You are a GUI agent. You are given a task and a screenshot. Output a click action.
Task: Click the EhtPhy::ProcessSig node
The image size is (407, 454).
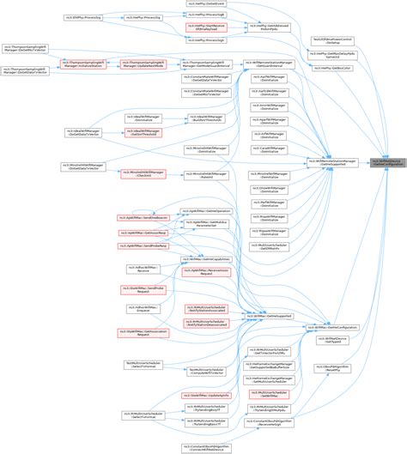pyautogui.click(x=78, y=16)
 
